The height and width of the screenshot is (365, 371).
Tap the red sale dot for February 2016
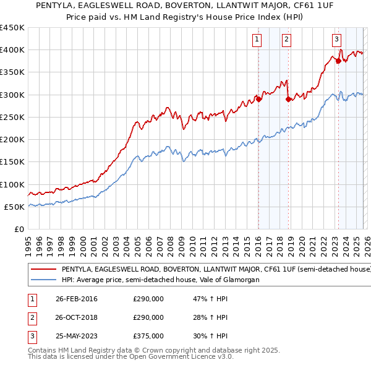258,100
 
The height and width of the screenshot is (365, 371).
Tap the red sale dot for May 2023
338,61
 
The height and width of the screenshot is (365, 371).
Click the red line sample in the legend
44,269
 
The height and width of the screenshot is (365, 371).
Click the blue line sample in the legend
44,280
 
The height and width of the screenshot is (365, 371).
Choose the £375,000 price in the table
148,336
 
